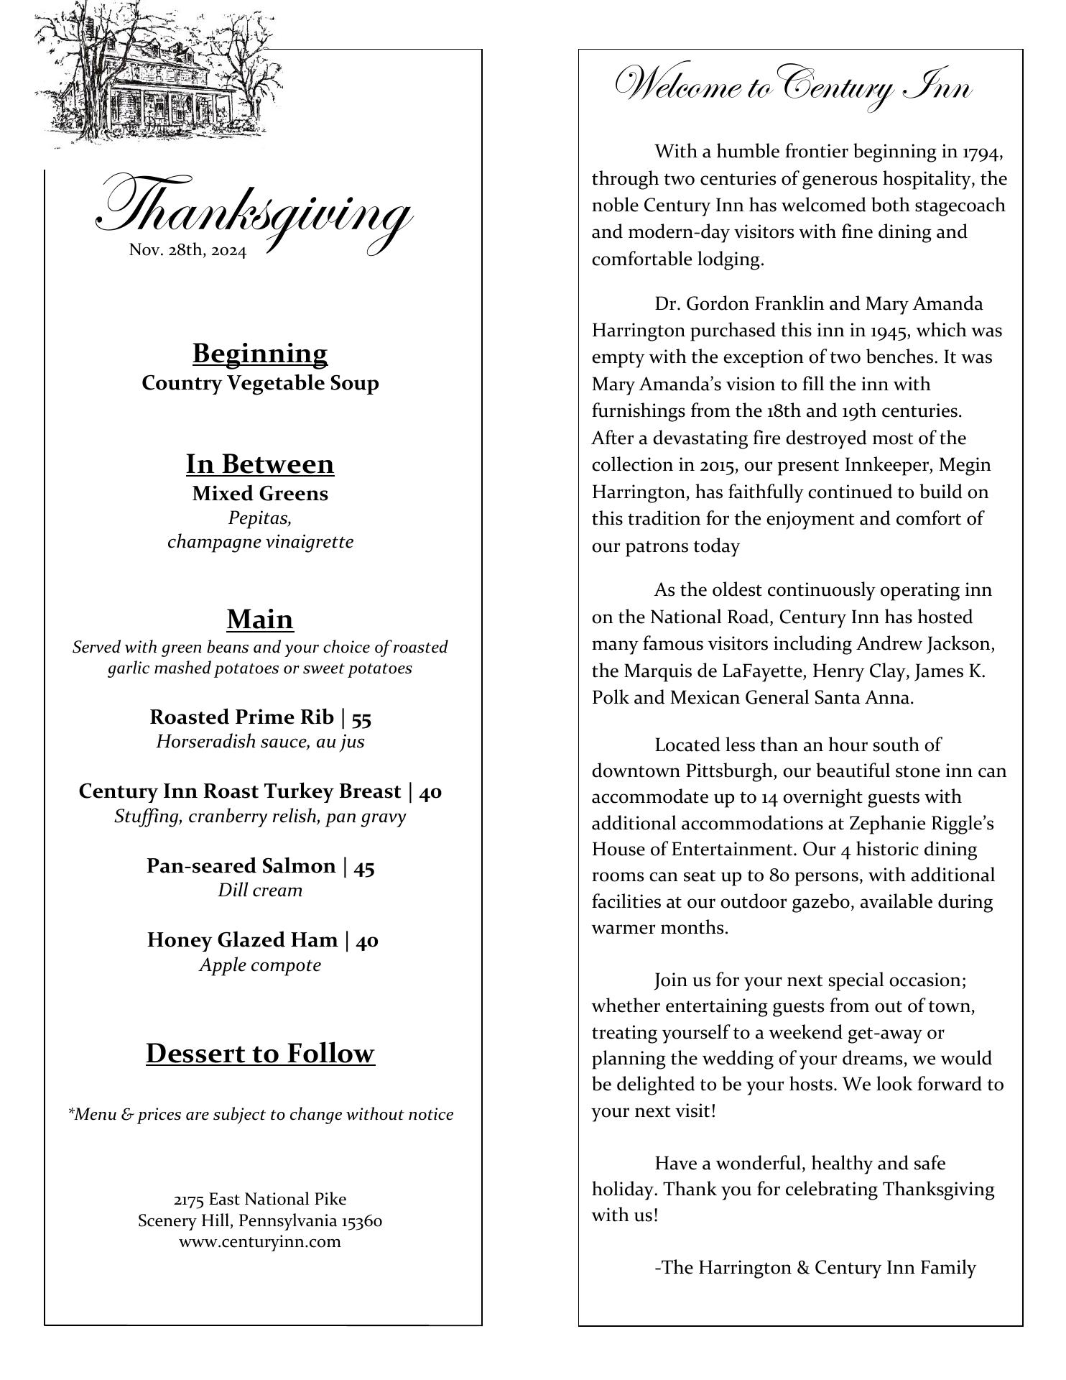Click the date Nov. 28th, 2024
[187, 251]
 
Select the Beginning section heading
[259, 354]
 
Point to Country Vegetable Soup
[260, 383]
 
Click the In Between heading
[259, 464]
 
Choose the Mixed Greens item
[259, 494]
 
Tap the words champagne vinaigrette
[260, 542]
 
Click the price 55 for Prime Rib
[361, 717]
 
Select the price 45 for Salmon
[364, 867]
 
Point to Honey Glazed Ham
[242, 940]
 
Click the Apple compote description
[260, 965]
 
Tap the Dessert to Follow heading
[260, 1054]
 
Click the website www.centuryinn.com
[260, 1242]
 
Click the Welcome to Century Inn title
[793, 88]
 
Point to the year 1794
[982, 152]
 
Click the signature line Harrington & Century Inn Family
[815, 1268]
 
